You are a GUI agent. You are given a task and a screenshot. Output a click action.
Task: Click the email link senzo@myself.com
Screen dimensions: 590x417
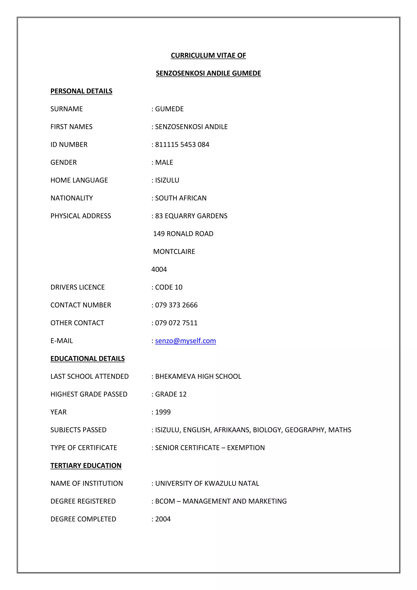(185, 341)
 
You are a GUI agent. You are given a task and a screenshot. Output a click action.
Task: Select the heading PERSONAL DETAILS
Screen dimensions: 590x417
(81, 91)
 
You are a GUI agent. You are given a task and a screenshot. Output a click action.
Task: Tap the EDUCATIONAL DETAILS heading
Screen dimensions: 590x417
(88, 359)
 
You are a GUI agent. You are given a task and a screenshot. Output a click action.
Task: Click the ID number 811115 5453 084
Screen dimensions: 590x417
(182, 145)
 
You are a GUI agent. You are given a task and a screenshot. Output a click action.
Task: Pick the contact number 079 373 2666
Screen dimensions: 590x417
(176, 305)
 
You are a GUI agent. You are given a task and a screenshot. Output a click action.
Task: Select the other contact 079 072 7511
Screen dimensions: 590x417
(176, 323)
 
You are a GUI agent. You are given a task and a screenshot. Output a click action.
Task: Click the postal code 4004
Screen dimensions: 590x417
(159, 269)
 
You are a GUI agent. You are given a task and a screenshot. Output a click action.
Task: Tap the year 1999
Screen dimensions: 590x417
(163, 412)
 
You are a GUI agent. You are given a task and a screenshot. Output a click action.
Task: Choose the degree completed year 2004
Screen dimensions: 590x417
(163, 519)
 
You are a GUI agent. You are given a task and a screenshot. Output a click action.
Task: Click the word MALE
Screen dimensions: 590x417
(164, 162)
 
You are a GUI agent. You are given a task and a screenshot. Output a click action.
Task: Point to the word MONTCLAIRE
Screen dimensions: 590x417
(174, 252)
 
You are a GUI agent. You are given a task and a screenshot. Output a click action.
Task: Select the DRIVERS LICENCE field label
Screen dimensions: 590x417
(78, 287)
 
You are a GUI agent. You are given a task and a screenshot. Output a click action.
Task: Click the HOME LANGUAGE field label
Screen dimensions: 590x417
(79, 180)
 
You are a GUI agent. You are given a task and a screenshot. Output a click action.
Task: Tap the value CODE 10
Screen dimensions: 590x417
(169, 287)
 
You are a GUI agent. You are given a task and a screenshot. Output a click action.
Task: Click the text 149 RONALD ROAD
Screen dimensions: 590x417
(183, 234)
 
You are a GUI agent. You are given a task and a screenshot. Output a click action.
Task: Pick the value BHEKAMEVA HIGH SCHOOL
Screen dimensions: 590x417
(198, 376)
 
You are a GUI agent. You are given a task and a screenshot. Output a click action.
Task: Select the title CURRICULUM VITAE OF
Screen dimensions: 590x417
(208, 55)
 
